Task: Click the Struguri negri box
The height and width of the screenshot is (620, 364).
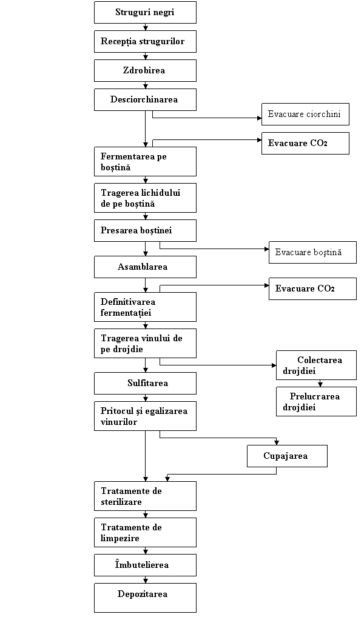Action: click(x=145, y=12)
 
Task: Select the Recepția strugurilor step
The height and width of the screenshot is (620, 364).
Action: click(x=145, y=41)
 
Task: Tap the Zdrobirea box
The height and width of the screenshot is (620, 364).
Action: click(x=145, y=70)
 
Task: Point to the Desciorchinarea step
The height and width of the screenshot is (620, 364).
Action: click(x=145, y=99)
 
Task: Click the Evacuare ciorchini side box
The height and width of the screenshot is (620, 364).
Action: click(x=305, y=114)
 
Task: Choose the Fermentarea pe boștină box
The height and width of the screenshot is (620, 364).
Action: click(x=145, y=161)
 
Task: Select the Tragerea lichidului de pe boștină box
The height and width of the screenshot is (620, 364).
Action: click(x=145, y=198)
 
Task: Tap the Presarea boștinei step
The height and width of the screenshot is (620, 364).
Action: click(x=145, y=230)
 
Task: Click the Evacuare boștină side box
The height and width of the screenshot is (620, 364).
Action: click(x=312, y=252)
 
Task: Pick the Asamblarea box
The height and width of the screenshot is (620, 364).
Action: click(x=145, y=267)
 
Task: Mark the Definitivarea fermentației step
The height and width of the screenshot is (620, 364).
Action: click(x=145, y=307)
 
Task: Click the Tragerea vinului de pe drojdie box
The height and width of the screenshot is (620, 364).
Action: click(x=145, y=343)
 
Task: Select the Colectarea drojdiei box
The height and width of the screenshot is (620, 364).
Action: click(x=316, y=365)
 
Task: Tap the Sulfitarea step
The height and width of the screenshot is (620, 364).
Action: click(x=145, y=383)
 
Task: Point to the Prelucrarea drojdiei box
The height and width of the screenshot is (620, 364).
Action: click(x=316, y=401)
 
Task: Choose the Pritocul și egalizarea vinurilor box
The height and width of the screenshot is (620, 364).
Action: click(x=145, y=416)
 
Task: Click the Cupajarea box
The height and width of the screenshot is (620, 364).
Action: click(x=287, y=456)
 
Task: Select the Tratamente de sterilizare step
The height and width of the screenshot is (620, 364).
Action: click(x=145, y=496)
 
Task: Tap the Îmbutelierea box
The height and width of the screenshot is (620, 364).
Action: click(x=145, y=565)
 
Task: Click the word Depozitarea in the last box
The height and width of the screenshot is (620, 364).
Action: click(x=143, y=594)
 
